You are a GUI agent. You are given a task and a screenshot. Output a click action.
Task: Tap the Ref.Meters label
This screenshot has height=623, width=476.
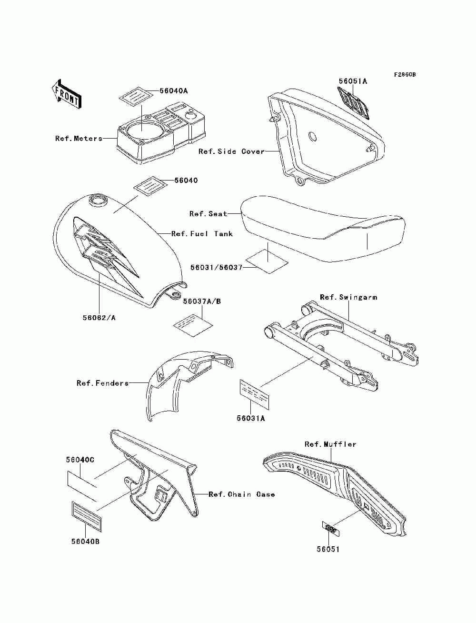[79, 139]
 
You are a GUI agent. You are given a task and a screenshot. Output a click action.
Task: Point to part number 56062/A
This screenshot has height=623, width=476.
[99, 317]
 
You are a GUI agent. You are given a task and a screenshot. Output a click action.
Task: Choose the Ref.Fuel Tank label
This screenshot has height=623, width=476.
[202, 234]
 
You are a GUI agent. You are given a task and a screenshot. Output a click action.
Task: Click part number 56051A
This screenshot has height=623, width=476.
[353, 81]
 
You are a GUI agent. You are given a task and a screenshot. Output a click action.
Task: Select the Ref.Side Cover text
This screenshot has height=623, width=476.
[231, 151]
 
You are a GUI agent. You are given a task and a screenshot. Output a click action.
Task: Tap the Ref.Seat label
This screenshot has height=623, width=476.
[208, 214]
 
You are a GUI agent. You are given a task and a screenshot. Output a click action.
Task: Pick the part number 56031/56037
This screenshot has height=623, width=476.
[216, 268]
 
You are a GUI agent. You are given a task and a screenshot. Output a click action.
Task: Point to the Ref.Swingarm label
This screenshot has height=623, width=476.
[348, 297]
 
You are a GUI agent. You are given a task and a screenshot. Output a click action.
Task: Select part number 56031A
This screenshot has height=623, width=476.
[251, 418]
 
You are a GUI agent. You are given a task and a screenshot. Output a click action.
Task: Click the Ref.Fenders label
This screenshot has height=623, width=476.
[103, 383]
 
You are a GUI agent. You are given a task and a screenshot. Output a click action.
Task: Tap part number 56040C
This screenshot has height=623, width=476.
[80, 460]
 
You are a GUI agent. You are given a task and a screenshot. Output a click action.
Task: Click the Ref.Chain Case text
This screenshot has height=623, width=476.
[242, 494]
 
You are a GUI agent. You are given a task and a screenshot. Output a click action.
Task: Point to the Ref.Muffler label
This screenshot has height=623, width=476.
[330, 444]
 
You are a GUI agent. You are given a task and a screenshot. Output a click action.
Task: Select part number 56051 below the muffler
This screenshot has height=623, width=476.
[328, 549]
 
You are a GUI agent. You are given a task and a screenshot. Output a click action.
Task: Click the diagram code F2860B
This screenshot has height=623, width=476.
[405, 75]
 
